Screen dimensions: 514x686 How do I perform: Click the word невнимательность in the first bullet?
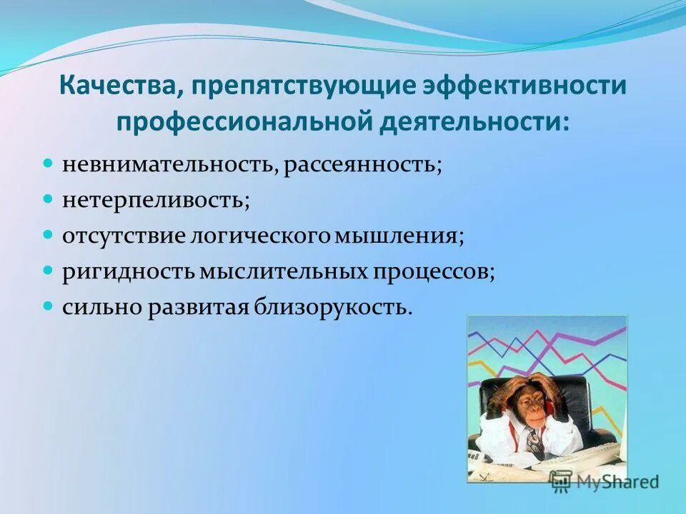point(166,166)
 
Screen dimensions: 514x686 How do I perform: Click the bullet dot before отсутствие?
point(49,233)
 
